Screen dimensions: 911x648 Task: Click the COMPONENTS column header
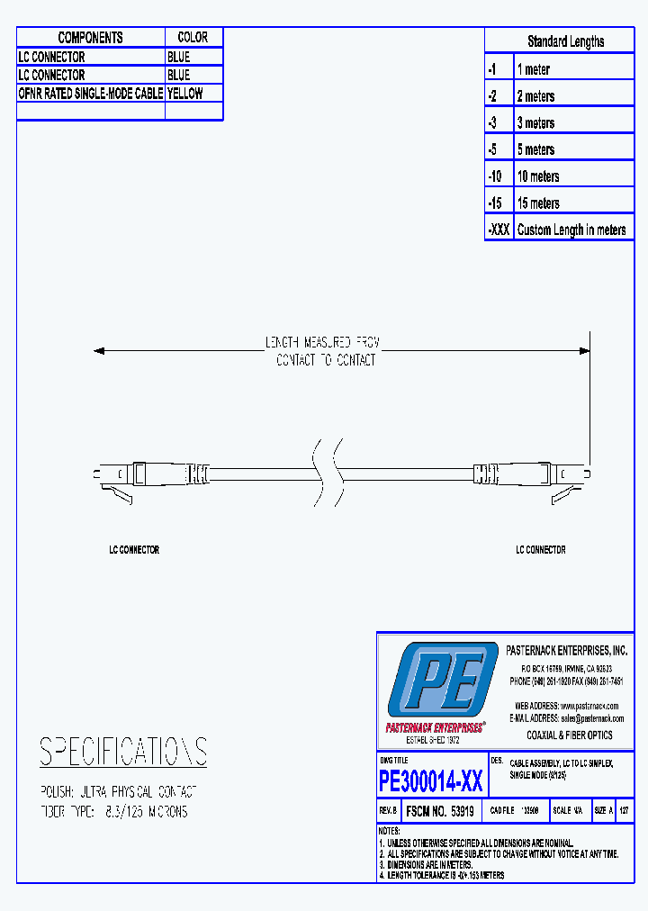90,37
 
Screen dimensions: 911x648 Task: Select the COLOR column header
193,37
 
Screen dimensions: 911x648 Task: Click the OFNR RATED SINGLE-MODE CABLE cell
90,93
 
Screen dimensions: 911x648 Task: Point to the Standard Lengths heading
565,41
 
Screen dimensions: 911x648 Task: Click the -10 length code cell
499,176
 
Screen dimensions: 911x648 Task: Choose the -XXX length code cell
499,230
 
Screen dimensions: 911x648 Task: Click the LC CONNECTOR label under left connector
134,549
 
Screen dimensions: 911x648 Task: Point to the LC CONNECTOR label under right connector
540,549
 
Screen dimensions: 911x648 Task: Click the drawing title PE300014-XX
431,780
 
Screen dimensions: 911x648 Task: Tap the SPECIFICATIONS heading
123,751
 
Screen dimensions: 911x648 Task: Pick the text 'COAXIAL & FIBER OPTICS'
569,735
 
